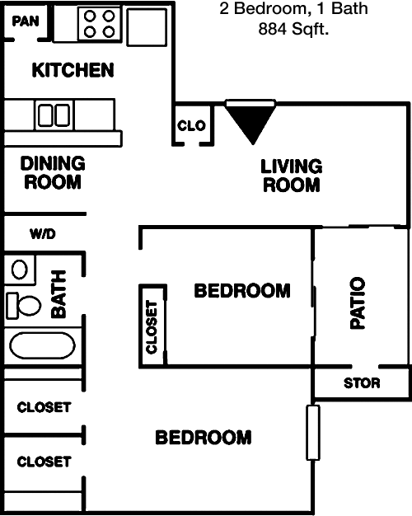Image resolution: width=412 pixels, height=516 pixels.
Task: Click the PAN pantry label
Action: pyautogui.click(x=26, y=21)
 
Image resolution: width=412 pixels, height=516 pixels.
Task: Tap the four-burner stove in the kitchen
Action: pyautogui.click(x=100, y=24)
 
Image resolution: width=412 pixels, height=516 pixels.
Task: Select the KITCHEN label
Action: pyautogui.click(x=73, y=70)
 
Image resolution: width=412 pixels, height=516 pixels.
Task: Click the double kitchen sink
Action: pyautogui.click(x=54, y=115)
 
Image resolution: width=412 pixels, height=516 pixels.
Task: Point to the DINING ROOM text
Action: pyautogui.click(x=53, y=173)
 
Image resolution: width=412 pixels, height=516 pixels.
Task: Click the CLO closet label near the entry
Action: pyautogui.click(x=191, y=125)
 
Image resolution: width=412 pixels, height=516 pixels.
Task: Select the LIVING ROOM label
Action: pyautogui.click(x=291, y=176)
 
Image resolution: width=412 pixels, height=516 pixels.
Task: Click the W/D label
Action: pyautogui.click(x=43, y=234)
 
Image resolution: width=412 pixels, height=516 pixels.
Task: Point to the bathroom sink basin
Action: pyautogui.click(x=20, y=270)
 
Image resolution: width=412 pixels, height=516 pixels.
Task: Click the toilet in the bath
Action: pyautogui.click(x=24, y=305)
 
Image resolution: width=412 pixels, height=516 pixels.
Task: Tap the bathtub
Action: pyautogui.click(x=42, y=345)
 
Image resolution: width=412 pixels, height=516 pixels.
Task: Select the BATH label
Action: pyautogui.click(x=59, y=294)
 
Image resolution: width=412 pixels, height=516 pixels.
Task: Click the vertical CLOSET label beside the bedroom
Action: pyautogui.click(x=152, y=327)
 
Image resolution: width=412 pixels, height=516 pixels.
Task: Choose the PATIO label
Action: pyautogui.click(x=358, y=303)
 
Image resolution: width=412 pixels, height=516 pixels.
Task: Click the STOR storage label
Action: pyautogui.click(x=362, y=383)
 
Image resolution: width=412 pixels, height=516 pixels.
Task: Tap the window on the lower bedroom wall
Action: pyautogui.click(x=313, y=433)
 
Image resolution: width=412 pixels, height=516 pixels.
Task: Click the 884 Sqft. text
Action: pyautogui.click(x=293, y=29)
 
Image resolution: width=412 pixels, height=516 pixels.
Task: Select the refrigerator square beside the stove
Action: pyautogui.click(x=147, y=27)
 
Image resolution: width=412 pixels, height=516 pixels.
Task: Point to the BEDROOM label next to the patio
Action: pyautogui.click(x=242, y=291)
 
